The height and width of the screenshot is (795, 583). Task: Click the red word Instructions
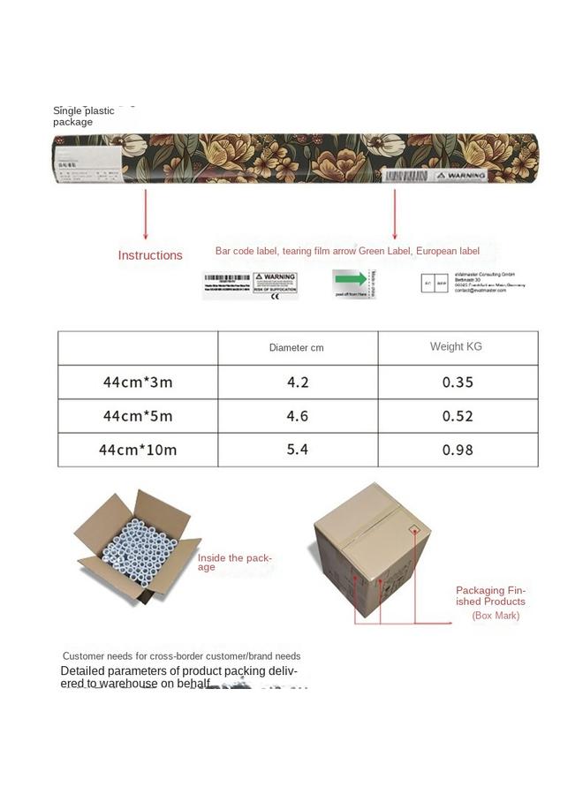coord(150,255)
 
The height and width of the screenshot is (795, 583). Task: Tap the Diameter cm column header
coord(297,347)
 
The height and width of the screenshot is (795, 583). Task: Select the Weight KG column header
coord(458,346)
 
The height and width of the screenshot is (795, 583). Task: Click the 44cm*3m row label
coord(138,382)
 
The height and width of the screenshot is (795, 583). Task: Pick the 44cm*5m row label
coord(138,416)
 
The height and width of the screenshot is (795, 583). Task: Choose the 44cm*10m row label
coord(138,450)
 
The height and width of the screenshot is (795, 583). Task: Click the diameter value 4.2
coord(298,382)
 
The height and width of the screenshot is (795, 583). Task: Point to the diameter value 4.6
coord(298,416)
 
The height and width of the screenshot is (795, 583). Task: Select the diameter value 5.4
coord(298,450)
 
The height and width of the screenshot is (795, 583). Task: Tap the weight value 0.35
coord(458,382)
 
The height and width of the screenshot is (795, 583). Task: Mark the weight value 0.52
coord(458,416)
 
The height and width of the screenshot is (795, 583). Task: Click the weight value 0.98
coord(458,450)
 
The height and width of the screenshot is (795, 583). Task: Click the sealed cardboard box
coord(373,552)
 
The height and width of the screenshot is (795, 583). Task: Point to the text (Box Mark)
coord(496,616)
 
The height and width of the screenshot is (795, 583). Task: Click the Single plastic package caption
coord(84,116)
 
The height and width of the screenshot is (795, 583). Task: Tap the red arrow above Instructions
coord(145,213)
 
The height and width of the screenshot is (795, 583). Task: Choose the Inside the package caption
coord(235,563)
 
